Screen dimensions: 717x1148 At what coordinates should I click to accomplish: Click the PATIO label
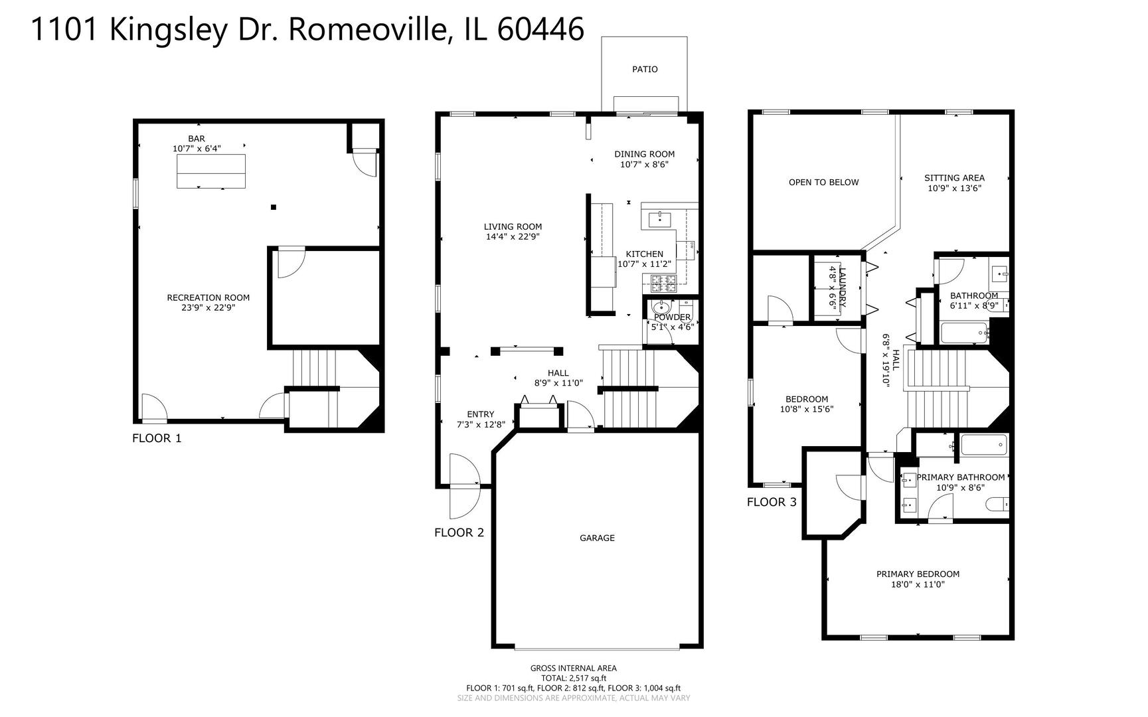pyautogui.click(x=644, y=69)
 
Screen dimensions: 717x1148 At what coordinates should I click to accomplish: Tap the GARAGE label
pyautogui.click(x=597, y=538)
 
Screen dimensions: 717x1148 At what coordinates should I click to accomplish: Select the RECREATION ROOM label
pyautogui.click(x=208, y=297)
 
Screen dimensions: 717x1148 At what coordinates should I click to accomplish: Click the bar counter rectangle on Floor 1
pyautogui.click(x=211, y=171)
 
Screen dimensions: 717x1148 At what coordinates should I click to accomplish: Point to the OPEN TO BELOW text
pyautogui.click(x=823, y=182)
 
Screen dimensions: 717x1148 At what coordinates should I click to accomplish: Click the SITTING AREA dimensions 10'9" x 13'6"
pyautogui.click(x=954, y=189)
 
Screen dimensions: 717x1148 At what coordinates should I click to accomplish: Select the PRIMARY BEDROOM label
pyautogui.click(x=918, y=574)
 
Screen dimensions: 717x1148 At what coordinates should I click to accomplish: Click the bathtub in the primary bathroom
pyautogui.click(x=984, y=445)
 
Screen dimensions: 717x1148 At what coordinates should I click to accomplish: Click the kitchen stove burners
pyautogui.click(x=663, y=283)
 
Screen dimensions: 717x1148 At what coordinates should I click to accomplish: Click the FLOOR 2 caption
pyautogui.click(x=459, y=532)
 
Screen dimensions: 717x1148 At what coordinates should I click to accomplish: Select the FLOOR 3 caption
pyautogui.click(x=771, y=502)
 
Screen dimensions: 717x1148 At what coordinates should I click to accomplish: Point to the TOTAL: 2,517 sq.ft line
pyautogui.click(x=573, y=678)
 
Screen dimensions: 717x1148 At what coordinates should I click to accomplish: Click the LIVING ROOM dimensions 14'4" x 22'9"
pyautogui.click(x=513, y=236)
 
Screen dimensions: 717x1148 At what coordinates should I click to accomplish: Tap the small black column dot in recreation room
pyautogui.click(x=273, y=207)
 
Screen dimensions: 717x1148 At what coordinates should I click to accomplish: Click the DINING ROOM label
pyautogui.click(x=644, y=154)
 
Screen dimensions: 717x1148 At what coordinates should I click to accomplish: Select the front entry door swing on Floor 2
pyautogui.click(x=464, y=486)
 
